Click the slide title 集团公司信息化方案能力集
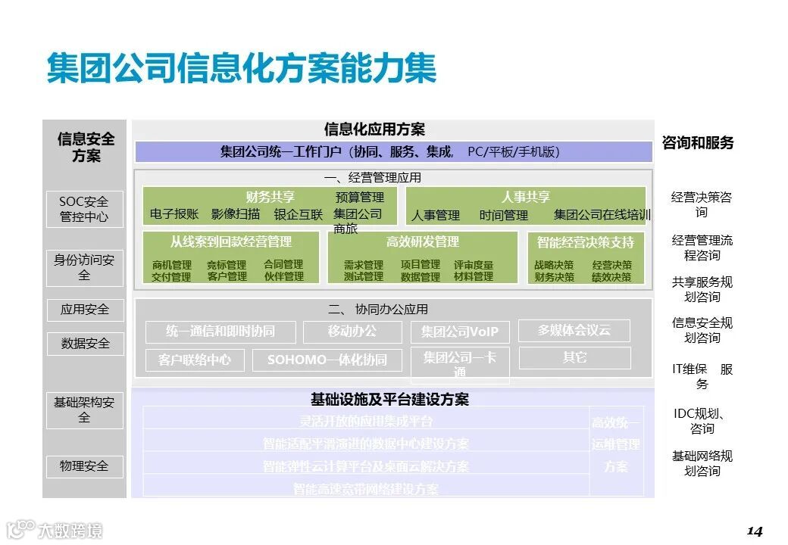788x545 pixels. click(x=242, y=68)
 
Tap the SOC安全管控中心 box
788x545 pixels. click(x=84, y=210)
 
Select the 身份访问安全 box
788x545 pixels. click(x=84, y=268)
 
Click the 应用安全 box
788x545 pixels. click(x=84, y=310)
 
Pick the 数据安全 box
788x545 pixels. click(x=84, y=344)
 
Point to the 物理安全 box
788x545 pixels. click(x=84, y=466)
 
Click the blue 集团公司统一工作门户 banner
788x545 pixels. click(x=393, y=152)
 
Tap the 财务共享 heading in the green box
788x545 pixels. click(x=270, y=197)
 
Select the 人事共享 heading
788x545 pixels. click(x=526, y=197)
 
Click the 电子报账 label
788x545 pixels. click(x=174, y=214)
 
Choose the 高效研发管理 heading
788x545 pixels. click(x=423, y=242)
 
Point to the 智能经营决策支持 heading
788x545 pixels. click(x=586, y=243)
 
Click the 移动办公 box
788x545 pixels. click(x=352, y=332)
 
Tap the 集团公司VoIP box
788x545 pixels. click(x=460, y=332)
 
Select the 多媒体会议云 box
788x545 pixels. click(x=574, y=331)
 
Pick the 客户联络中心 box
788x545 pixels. click(x=195, y=360)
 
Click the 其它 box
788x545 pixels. click(x=574, y=357)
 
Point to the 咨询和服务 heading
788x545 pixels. click(x=698, y=143)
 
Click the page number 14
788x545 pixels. click(x=754, y=530)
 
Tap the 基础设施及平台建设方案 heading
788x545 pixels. click(x=389, y=400)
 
